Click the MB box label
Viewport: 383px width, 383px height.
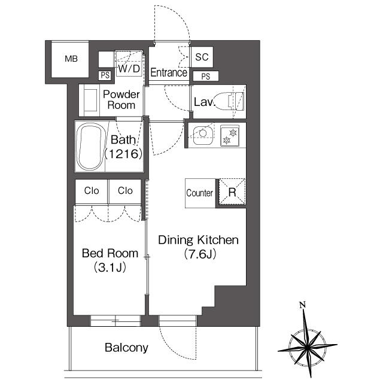click(x=71, y=59)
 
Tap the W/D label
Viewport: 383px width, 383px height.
click(x=129, y=69)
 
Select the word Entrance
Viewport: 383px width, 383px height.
click(x=169, y=73)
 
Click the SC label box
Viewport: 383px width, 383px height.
click(x=202, y=57)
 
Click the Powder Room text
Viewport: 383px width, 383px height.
click(x=121, y=100)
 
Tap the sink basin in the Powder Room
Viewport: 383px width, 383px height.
click(x=90, y=100)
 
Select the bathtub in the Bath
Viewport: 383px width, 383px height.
click(x=91, y=147)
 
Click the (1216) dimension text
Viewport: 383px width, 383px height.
click(x=123, y=154)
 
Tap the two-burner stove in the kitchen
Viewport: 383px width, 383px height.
click(x=230, y=135)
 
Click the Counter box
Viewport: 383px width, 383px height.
click(x=200, y=193)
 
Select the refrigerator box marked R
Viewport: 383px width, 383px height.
click(x=232, y=193)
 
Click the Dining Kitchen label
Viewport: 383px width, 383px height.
click(x=198, y=241)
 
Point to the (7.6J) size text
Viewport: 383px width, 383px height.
click(x=198, y=254)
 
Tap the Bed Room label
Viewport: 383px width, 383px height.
click(x=110, y=253)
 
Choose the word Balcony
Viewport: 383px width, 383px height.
click(x=126, y=348)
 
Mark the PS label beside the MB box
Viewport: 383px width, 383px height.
click(x=105, y=75)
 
